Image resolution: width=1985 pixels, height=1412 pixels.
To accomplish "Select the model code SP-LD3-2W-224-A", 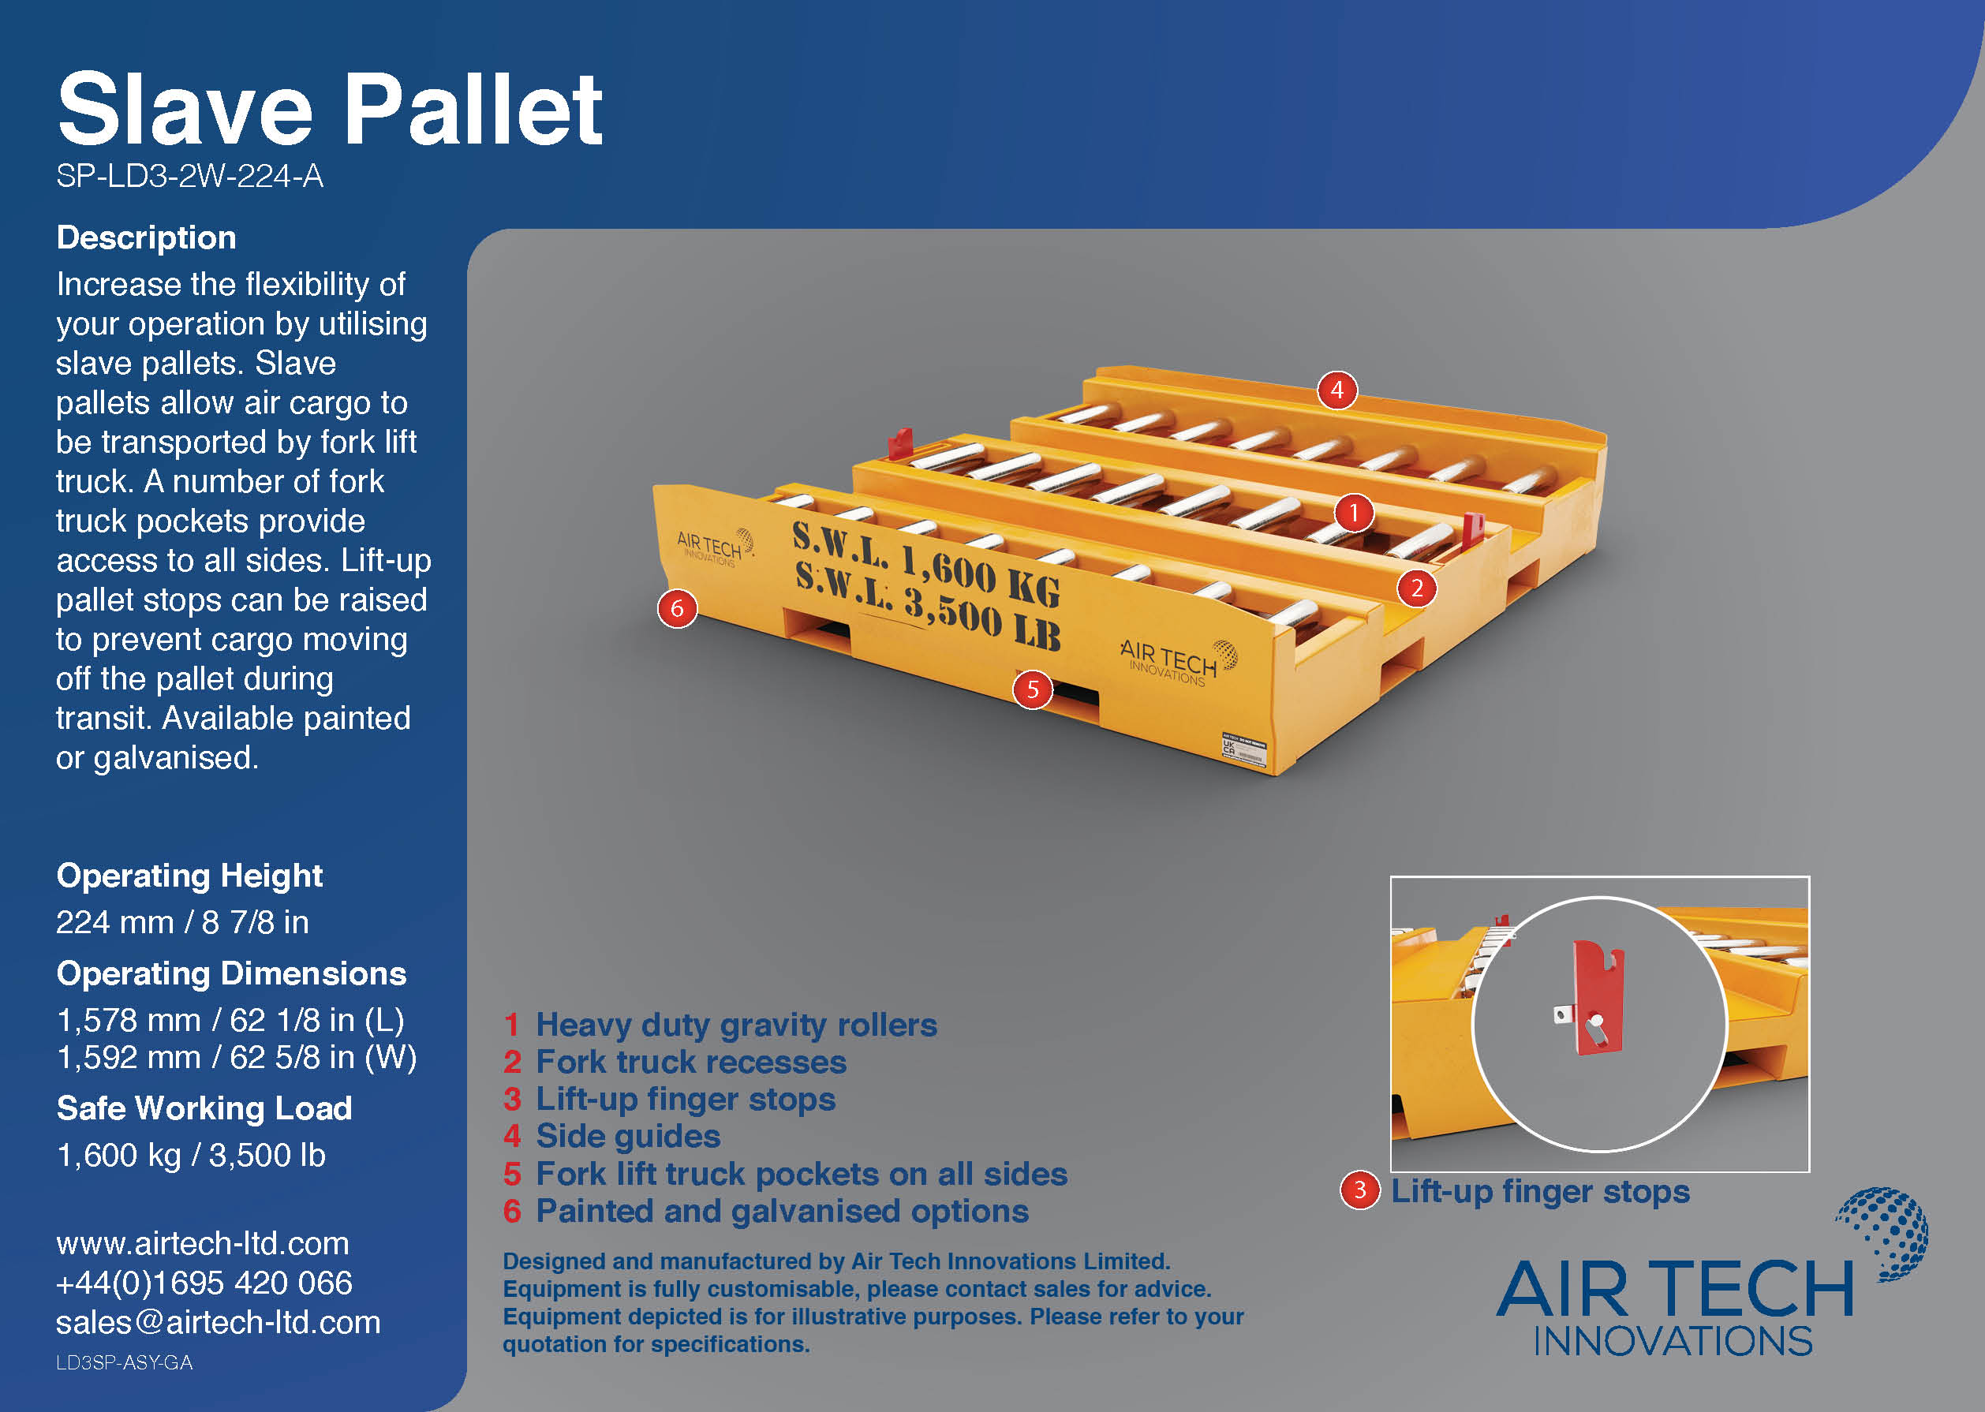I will pos(189,177).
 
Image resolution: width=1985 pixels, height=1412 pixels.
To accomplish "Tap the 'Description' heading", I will pos(146,237).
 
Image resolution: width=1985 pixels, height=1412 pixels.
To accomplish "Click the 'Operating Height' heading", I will pos(189,876).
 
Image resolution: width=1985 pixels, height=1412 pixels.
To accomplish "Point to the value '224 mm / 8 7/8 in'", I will pos(182,921).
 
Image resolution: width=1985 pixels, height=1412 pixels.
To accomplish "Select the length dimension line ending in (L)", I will pos(230,1020).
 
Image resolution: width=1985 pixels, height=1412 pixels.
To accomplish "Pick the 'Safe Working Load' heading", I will pos(204,1108).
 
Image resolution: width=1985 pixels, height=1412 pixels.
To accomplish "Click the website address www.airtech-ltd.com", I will pos(203,1243).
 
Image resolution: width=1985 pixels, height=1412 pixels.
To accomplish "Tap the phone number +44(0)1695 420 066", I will pos(204,1283).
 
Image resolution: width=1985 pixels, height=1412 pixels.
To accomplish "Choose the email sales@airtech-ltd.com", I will pos(219,1322).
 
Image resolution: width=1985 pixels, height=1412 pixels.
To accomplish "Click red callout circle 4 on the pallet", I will pos(1337,390).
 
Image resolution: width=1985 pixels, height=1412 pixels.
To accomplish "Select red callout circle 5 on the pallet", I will pos(1032,689).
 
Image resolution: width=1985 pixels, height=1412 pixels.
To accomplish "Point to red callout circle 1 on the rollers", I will pos(1353,513).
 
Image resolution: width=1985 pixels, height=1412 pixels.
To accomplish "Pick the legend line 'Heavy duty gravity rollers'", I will pos(735,1025).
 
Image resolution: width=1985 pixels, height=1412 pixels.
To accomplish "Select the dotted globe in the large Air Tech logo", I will pos(1885,1232).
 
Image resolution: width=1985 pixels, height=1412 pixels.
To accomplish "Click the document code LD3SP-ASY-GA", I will pos(125,1362).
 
